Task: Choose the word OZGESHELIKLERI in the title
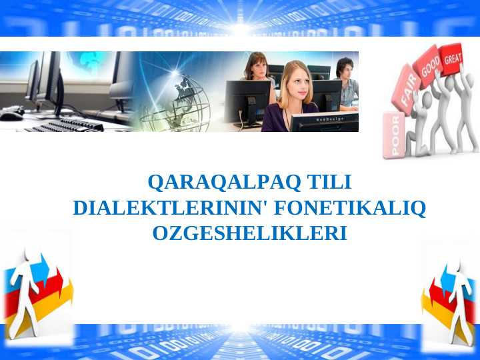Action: pos(250,234)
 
